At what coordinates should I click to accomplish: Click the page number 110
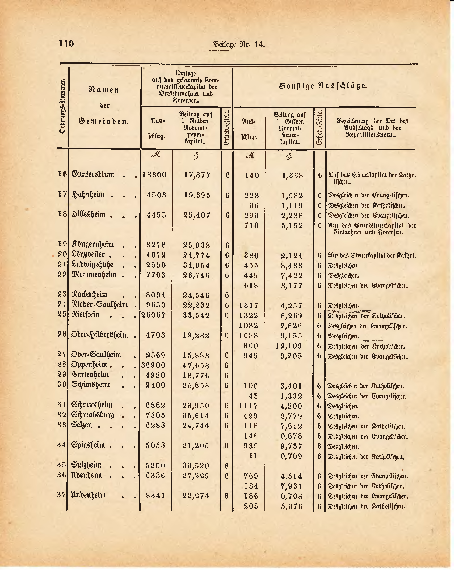tap(66, 43)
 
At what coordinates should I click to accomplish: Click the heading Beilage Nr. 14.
tap(239, 44)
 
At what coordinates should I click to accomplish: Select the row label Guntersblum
tap(93, 174)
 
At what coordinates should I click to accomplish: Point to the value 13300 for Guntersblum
tap(155, 175)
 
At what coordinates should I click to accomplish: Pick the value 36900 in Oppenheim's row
tap(153, 365)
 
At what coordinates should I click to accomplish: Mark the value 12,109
tap(289, 346)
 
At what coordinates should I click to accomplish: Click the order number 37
tap(62, 495)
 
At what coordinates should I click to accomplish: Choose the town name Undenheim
tap(88, 495)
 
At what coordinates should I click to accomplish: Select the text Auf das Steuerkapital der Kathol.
tap(372, 256)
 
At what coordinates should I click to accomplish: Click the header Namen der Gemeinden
tap(103, 106)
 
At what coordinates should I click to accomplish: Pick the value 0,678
tap(291, 436)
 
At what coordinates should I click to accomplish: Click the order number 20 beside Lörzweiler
tap(62, 255)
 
